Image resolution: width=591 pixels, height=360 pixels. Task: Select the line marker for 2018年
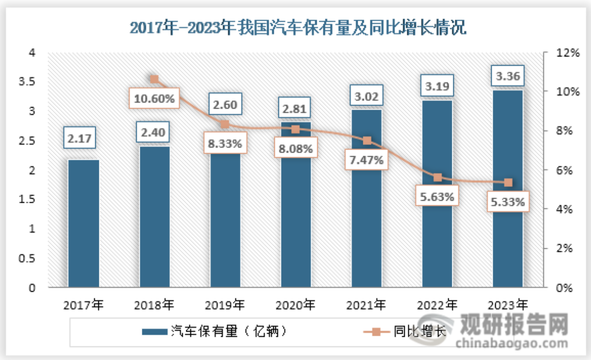point(154,79)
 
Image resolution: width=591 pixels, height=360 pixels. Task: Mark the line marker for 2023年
point(508,183)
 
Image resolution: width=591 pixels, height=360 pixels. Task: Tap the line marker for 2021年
point(366,141)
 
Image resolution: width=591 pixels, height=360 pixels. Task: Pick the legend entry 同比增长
point(418,332)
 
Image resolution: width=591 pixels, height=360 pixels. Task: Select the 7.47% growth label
point(366,160)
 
